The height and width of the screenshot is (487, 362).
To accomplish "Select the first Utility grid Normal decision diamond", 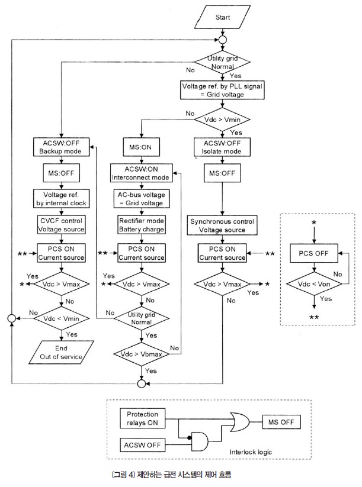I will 222,63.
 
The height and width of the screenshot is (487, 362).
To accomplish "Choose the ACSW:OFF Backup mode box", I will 60,147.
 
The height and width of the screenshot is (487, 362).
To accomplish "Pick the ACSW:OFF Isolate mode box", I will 222,147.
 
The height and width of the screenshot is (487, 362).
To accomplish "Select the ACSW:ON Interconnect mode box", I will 141,173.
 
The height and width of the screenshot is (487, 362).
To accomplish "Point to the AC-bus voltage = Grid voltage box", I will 141,199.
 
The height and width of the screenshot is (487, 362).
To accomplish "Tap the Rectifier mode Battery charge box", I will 141,225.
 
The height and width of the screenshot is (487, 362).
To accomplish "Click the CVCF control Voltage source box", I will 60,225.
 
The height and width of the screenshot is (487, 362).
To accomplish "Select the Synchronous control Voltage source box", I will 222,225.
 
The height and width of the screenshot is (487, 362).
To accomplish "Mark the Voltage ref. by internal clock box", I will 60,199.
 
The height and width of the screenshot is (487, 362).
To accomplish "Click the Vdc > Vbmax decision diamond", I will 141,354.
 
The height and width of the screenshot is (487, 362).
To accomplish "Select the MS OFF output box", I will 281,423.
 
